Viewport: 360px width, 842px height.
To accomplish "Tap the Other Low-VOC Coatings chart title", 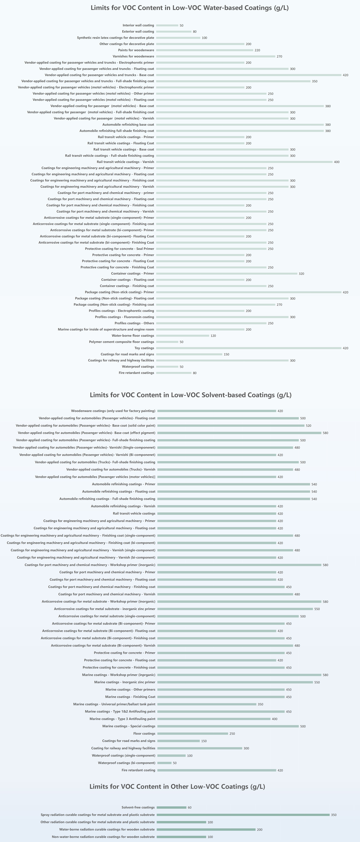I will coord(177,786).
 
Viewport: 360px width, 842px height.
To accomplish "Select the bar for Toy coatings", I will coord(249,348).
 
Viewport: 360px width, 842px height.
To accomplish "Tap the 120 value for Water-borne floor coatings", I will coord(213,336).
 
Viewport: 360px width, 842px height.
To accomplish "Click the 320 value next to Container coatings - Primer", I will coord(301,274).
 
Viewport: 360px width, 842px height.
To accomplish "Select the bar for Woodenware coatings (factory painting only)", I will coord(216,411).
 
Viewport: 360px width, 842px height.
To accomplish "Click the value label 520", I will coord(308,426).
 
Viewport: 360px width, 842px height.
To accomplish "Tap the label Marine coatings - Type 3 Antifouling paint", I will coord(122,719).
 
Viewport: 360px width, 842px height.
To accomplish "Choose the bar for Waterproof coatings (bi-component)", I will coord(164,763).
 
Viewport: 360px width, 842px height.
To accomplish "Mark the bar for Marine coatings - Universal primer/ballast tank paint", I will coord(207,704).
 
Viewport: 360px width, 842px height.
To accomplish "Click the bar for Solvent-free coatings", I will coord(171,807).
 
